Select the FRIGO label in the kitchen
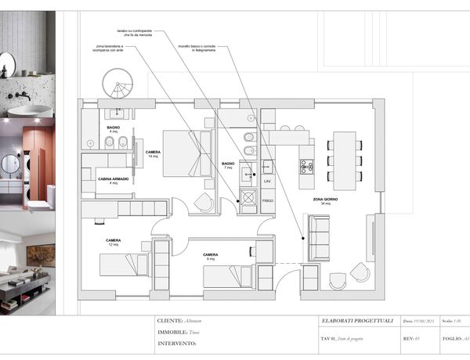click(x=267, y=201)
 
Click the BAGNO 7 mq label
click(x=229, y=166)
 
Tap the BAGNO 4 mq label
click(x=114, y=129)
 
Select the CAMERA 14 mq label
click(x=154, y=154)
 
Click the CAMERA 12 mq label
click(x=114, y=242)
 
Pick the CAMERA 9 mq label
click(x=210, y=257)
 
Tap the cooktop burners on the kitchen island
click(x=307, y=167)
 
